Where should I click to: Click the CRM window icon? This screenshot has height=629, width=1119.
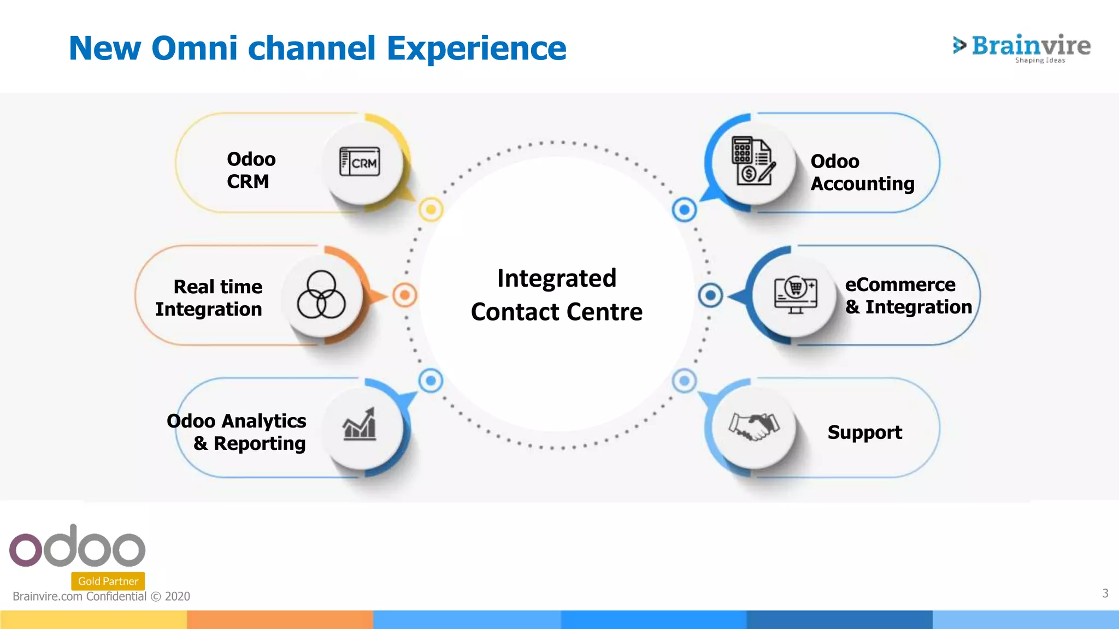click(360, 162)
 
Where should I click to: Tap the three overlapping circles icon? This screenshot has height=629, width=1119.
click(321, 295)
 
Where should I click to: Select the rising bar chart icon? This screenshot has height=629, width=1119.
click(360, 425)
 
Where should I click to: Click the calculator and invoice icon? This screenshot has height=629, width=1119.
click(753, 162)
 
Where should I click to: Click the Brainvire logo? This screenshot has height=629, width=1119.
click(1022, 48)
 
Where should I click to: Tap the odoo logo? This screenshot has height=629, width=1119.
click(77, 547)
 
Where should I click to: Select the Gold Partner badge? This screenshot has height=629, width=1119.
click(108, 581)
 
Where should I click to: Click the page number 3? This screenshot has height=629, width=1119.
click(1105, 593)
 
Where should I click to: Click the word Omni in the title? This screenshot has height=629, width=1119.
click(194, 48)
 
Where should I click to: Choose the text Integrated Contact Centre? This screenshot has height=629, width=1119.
click(556, 295)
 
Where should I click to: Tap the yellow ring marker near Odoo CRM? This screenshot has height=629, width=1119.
click(431, 210)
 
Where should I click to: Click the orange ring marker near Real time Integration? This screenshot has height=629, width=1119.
click(404, 295)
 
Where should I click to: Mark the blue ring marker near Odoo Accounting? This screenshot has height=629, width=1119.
click(684, 210)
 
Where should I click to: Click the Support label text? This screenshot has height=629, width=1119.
click(864, 432)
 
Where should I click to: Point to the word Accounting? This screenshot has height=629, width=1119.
click(862, 184)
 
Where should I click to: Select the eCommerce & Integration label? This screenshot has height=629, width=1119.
click(908, 295)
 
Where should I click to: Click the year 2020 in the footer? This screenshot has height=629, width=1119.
click(178, 596)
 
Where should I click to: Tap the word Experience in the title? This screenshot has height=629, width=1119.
click(476, 48)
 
